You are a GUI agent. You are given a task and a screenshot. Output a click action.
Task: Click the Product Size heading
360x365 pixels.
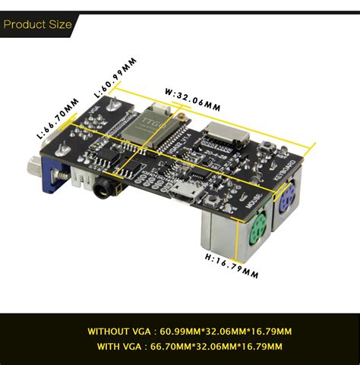(37, 25)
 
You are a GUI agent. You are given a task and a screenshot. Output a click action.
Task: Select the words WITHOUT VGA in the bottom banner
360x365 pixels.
(115, 332)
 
